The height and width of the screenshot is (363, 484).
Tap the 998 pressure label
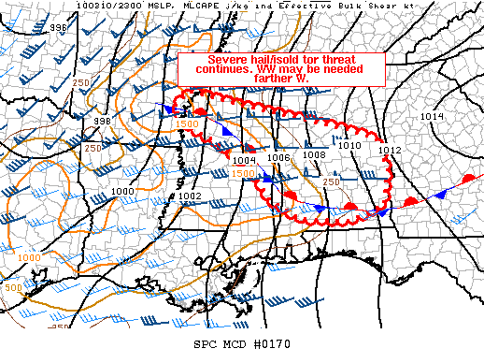(x=103, y=122)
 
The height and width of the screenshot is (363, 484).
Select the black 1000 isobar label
(x=122, y=191)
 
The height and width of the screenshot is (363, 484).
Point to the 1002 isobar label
(x=191, y=196)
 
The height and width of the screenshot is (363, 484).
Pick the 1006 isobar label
(x=278, y=157)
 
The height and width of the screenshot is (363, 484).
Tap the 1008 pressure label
(x=314, y=155)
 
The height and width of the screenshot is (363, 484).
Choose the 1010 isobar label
(x=349, y=146)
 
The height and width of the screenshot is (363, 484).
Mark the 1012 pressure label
(x=391, y=150)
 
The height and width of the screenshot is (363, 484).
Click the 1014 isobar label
(x=433, y=116)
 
